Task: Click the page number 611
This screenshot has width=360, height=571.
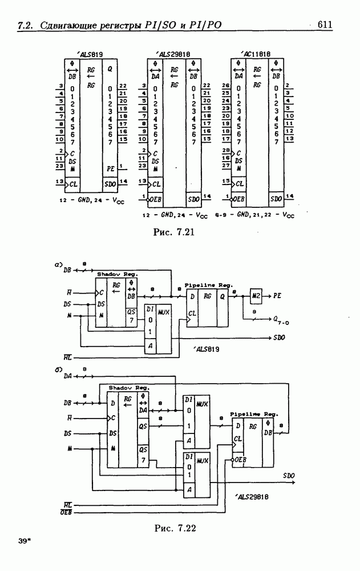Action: pyautogui.click(x=325, y=25)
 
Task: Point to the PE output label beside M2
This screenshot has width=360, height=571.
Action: pyautogui.click(x=277, y=297)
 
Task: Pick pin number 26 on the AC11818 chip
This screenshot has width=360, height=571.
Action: pyautogui.click(x=225, y=85)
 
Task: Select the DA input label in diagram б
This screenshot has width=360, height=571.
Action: pyautogui.click(x=67, y=376)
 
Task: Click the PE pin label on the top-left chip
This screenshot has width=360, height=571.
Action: pyautogui.click(x=111, y=169)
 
